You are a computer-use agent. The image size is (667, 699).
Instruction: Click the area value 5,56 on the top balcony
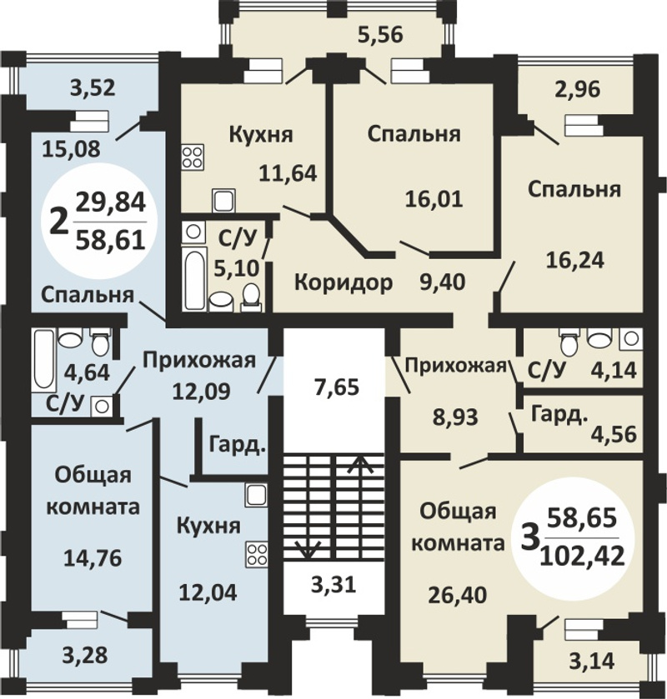380,35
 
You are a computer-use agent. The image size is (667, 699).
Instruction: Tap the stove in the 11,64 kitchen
193,157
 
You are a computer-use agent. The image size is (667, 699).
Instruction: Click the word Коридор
344,282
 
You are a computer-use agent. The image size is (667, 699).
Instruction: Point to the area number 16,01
434,199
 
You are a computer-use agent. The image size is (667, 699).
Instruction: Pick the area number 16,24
575,260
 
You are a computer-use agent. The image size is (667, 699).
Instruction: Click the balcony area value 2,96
578,90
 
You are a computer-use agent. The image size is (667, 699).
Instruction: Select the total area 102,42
582,557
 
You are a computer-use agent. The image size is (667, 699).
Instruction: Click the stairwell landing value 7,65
336,387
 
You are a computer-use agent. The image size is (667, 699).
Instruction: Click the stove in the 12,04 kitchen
257,555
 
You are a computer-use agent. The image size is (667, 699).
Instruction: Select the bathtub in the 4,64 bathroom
43,359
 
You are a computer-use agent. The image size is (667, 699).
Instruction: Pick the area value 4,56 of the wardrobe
614,435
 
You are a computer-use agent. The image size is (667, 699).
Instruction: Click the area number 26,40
456,594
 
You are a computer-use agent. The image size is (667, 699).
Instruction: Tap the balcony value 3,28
85,656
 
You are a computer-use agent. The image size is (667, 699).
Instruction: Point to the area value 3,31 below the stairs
333,584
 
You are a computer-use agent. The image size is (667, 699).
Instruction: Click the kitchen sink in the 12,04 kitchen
257,495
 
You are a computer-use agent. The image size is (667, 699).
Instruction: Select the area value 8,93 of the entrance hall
455,417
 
